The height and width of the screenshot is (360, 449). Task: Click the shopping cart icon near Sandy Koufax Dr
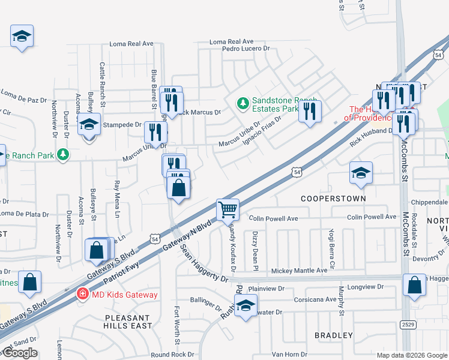[x=228, y=210]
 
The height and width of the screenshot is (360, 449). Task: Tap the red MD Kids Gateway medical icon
[x=80, y=294]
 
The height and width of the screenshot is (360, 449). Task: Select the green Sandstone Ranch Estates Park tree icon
[x=243, y=104]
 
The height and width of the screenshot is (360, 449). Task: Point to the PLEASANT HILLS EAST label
[x=127, y=322]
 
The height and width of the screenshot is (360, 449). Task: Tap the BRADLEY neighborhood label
[x=334, y=335]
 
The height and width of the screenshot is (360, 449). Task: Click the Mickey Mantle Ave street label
[x=299, y=271]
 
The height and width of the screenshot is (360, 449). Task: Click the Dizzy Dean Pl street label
[x=255, y=244]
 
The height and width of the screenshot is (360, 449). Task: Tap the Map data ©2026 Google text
[x=412, y=355]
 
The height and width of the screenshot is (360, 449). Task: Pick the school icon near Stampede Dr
[x=89, y=125]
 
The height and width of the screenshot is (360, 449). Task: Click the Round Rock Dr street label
[x=173, y=355]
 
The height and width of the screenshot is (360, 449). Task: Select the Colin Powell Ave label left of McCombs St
[x=273, y=219]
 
